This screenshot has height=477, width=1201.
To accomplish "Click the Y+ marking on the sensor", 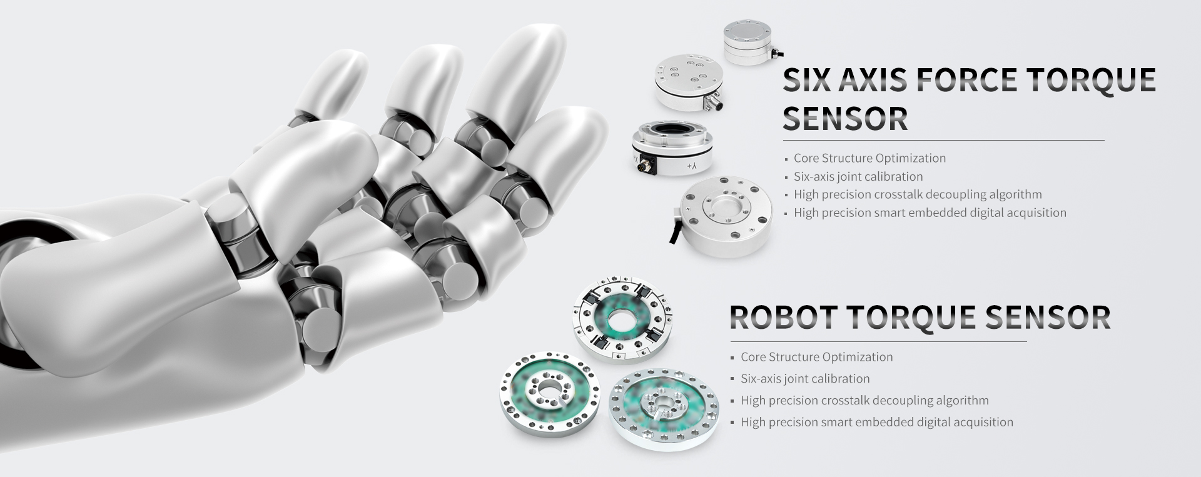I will click(x=691, y=166).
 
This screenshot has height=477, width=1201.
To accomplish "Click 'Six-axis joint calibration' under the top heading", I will click(x=858, y=177).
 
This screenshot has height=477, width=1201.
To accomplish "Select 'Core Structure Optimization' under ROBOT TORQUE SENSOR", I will click(x=816, y=357).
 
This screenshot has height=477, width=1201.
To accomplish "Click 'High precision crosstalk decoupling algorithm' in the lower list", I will click(x=864, y=400).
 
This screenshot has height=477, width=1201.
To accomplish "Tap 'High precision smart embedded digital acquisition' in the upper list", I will click(x=930, y=213).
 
